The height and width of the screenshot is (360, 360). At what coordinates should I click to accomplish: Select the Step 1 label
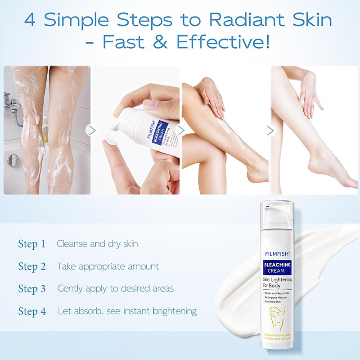coord(32,244)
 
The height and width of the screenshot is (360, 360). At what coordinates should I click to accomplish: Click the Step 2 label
coord(32,266)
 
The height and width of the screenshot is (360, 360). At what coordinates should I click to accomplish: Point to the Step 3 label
coord(32,288)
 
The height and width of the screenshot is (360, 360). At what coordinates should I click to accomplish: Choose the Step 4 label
coord(32,311)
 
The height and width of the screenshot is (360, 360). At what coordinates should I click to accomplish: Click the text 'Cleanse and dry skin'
coord(97,244)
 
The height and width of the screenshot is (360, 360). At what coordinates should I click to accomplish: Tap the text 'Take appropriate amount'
coord(108,266)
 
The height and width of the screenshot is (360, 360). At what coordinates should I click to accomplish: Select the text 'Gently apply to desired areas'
coord(116,288)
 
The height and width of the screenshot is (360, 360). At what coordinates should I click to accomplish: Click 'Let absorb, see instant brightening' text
coord(127,311)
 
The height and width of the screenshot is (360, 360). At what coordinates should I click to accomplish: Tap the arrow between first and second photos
coord(92,130)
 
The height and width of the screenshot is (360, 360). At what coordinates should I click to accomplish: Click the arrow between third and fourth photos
coord(270,130)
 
